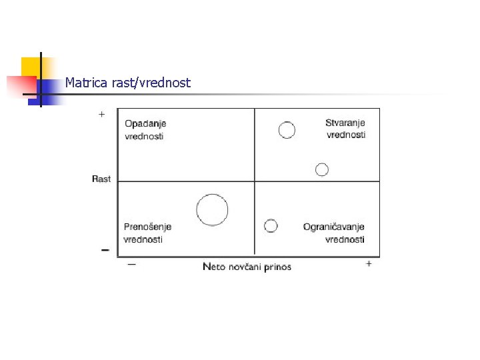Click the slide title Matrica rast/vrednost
tap(127, 83)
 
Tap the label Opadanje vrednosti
tap(145, 129)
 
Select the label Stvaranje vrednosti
tap(345, 128)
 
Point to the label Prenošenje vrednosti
tap(147, 233)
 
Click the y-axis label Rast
tap(101, 179)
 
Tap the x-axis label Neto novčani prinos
tap(247, 267)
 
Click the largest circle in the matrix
tap(212, 209)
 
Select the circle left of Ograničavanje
tap(271, 226)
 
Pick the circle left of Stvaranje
tap(287, 130)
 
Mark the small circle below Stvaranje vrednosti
tap(322, 169)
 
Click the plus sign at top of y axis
tap(101, 115)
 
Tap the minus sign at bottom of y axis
tap(105, 250)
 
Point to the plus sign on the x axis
tap(369, 264)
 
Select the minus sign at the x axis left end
tap(131, 264)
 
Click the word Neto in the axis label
tap(214, 267)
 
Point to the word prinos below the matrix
tap(277, 267)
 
